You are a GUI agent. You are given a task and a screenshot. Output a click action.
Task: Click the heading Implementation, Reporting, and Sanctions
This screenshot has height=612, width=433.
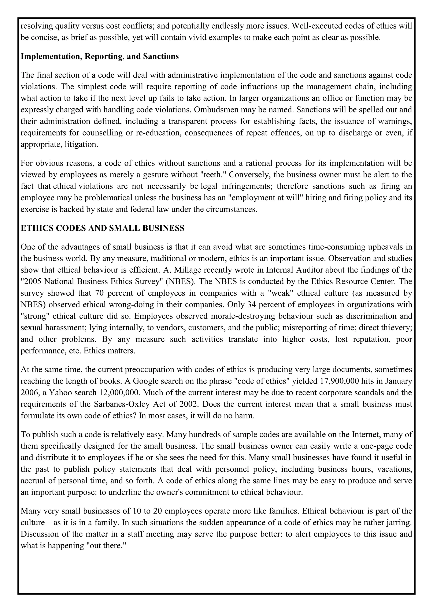tap(100, 56)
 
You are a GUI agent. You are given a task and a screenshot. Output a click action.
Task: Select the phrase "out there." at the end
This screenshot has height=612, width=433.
tap(106, 546)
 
